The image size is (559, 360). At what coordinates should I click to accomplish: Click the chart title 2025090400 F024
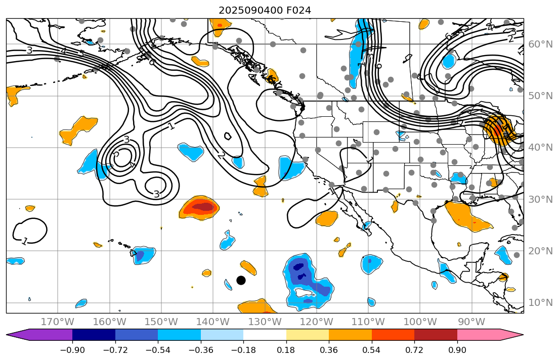(x=265, y=10)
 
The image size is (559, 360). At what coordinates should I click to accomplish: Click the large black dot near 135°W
(x=241, y=280)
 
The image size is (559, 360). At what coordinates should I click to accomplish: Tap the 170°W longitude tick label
(x=58, y=322)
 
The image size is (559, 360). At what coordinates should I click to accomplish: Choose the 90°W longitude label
(x=471, y=322)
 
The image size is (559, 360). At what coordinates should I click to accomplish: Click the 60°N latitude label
(x=540, y=44)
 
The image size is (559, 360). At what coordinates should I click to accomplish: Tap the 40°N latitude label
(x=540, y=148)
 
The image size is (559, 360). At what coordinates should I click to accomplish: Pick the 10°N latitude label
(x=540, y=303)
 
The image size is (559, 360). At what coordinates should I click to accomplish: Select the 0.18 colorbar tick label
(x=286, y=350)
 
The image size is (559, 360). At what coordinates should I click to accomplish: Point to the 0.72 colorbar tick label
(x=414, y=350)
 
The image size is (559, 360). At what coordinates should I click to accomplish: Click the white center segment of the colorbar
(x=265, y=335)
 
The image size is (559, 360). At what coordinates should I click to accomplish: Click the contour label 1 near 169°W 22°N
(x=24, y=241)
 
